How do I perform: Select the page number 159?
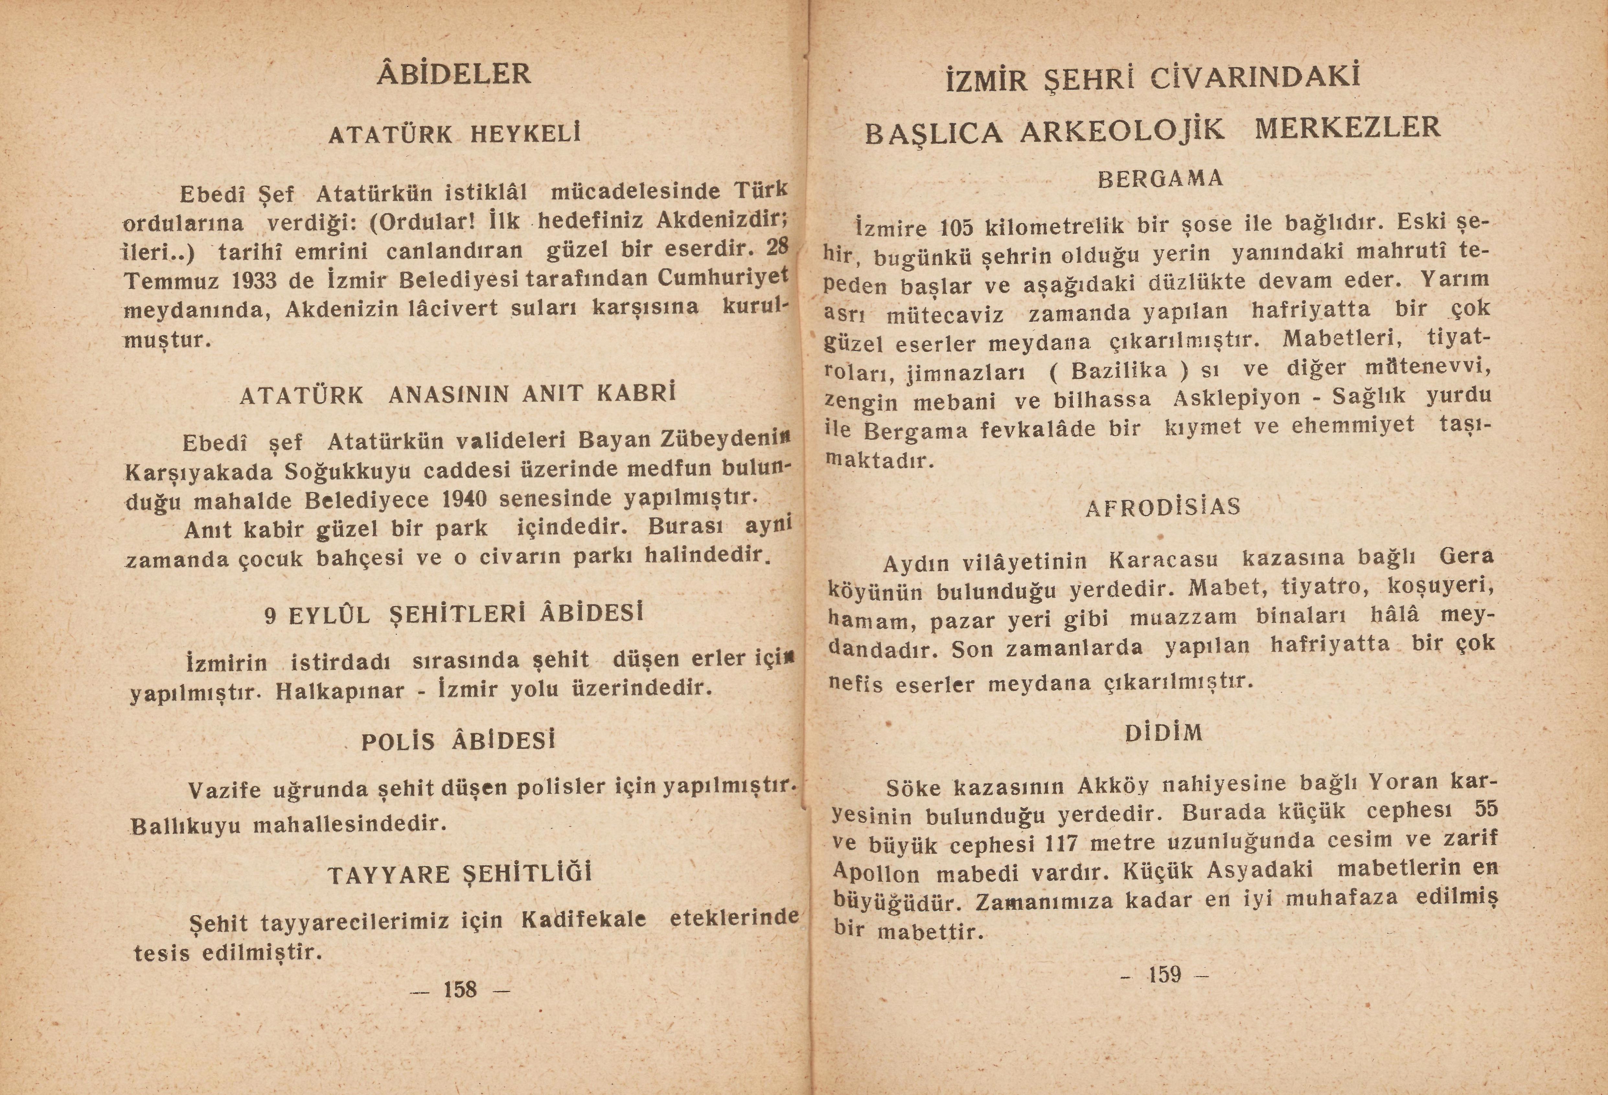[1165, 974]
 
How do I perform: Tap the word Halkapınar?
[339, 691]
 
